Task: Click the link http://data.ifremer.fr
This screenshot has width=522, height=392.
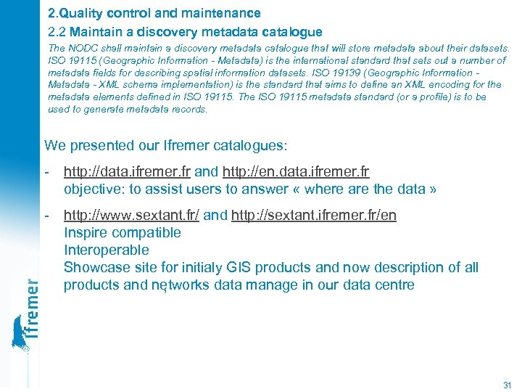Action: [128, 172]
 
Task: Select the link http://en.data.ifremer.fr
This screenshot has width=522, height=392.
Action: [296, 172]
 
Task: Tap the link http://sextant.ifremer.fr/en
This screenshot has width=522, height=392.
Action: [314, 216]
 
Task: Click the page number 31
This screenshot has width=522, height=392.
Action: [507, 385]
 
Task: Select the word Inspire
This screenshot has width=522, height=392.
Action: [86, 233]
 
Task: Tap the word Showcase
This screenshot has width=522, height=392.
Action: [95, 267]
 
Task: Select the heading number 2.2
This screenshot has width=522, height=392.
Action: [57, 31]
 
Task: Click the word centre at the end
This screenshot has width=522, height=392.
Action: [392, 285]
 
